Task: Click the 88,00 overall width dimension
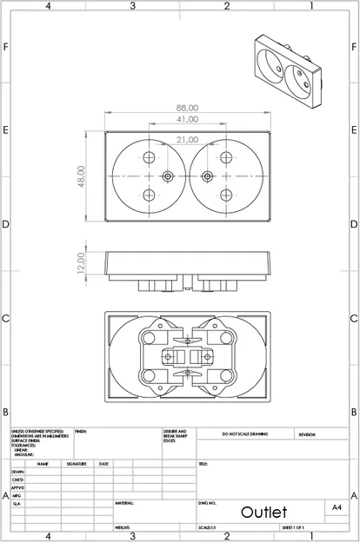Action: [187, 109]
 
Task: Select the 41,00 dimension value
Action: [187, 119]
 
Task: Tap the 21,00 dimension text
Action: [187, 139]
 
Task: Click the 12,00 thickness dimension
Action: [81, 262]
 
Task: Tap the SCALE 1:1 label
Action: [207, 527]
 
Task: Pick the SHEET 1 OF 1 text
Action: [291, 527]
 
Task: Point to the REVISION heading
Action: [308, 434]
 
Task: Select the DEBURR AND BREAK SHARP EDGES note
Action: [175, 434]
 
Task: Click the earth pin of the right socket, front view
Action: [207, 176]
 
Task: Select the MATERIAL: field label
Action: [124, 503]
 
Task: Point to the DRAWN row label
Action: [17, 472]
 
